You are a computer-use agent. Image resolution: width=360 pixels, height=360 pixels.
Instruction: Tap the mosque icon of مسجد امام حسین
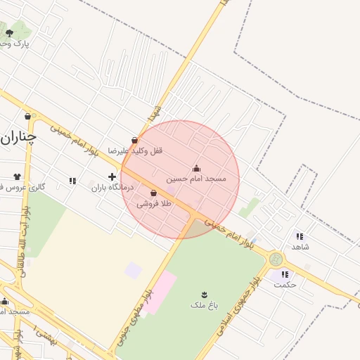click(196, 168)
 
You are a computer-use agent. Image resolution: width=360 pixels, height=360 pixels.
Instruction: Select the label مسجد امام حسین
click(196, 179)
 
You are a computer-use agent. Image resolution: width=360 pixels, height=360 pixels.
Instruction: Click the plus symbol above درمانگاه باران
click(111, 176)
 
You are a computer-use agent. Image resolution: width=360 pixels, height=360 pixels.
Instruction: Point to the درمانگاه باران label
click(112, 188)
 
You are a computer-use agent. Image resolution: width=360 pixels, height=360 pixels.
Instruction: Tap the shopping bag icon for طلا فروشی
click(154, 193)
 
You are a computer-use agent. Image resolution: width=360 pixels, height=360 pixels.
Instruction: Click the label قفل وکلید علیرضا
click(135, 150)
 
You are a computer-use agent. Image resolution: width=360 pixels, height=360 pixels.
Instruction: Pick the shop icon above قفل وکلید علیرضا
click(134, 140)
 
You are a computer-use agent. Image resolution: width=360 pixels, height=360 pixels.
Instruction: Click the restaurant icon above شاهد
click(300, 236)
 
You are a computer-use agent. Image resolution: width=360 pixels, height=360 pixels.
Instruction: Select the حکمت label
click(285, 285)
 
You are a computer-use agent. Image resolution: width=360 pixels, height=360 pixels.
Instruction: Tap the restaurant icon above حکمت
click(285, 274)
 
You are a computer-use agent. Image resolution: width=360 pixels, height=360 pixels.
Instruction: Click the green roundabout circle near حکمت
click(275, 259)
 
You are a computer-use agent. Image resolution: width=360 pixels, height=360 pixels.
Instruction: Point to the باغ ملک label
click(204, 304)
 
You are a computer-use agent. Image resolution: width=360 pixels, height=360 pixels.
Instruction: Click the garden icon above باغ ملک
click(204, 293)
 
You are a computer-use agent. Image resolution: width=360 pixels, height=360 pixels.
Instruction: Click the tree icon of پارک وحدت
click(9, 32)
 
